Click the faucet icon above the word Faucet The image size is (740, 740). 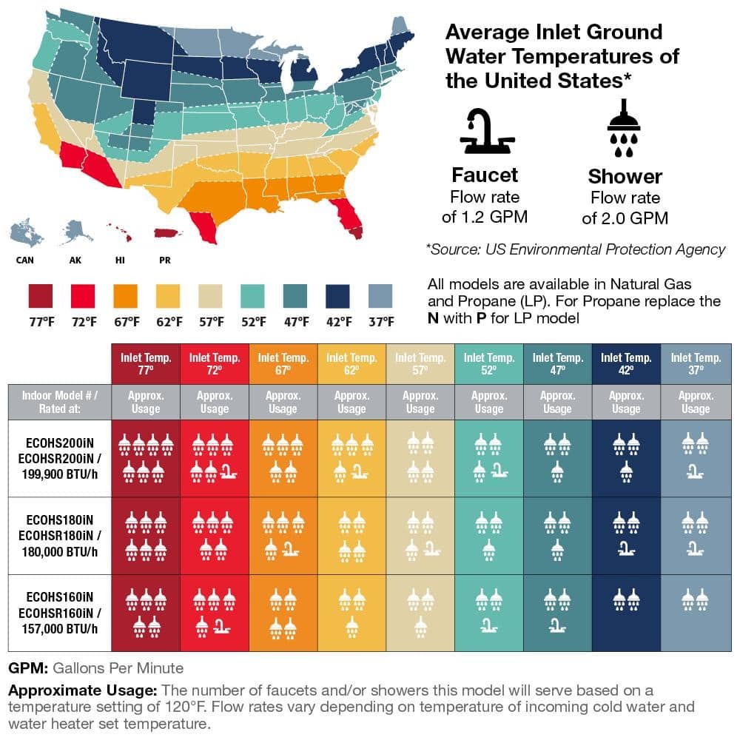(x=485, y=133)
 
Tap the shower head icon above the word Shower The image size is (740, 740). (x=624, y=134)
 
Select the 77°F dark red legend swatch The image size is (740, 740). (x=41, y=295)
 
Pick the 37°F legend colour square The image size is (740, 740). (x=381, y=295)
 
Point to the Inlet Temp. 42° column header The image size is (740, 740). (x=626, y=363)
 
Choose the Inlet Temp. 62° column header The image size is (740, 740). (x=351, y=363)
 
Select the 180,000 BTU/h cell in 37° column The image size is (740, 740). (x=695, y=536)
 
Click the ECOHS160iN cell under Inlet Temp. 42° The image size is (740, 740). (x=626, y=613)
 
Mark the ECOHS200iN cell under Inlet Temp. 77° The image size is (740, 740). (x=145, y=459)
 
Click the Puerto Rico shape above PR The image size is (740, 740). (x=168, y=233)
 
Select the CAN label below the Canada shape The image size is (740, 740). (x=24, y=260)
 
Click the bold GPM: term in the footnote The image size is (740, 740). (x=28, y=668)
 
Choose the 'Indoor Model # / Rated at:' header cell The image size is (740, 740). (x=59, y=402)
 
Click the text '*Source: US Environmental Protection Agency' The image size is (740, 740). (x=576, y=249)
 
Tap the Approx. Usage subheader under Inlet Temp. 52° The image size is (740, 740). (x=488, y=402)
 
